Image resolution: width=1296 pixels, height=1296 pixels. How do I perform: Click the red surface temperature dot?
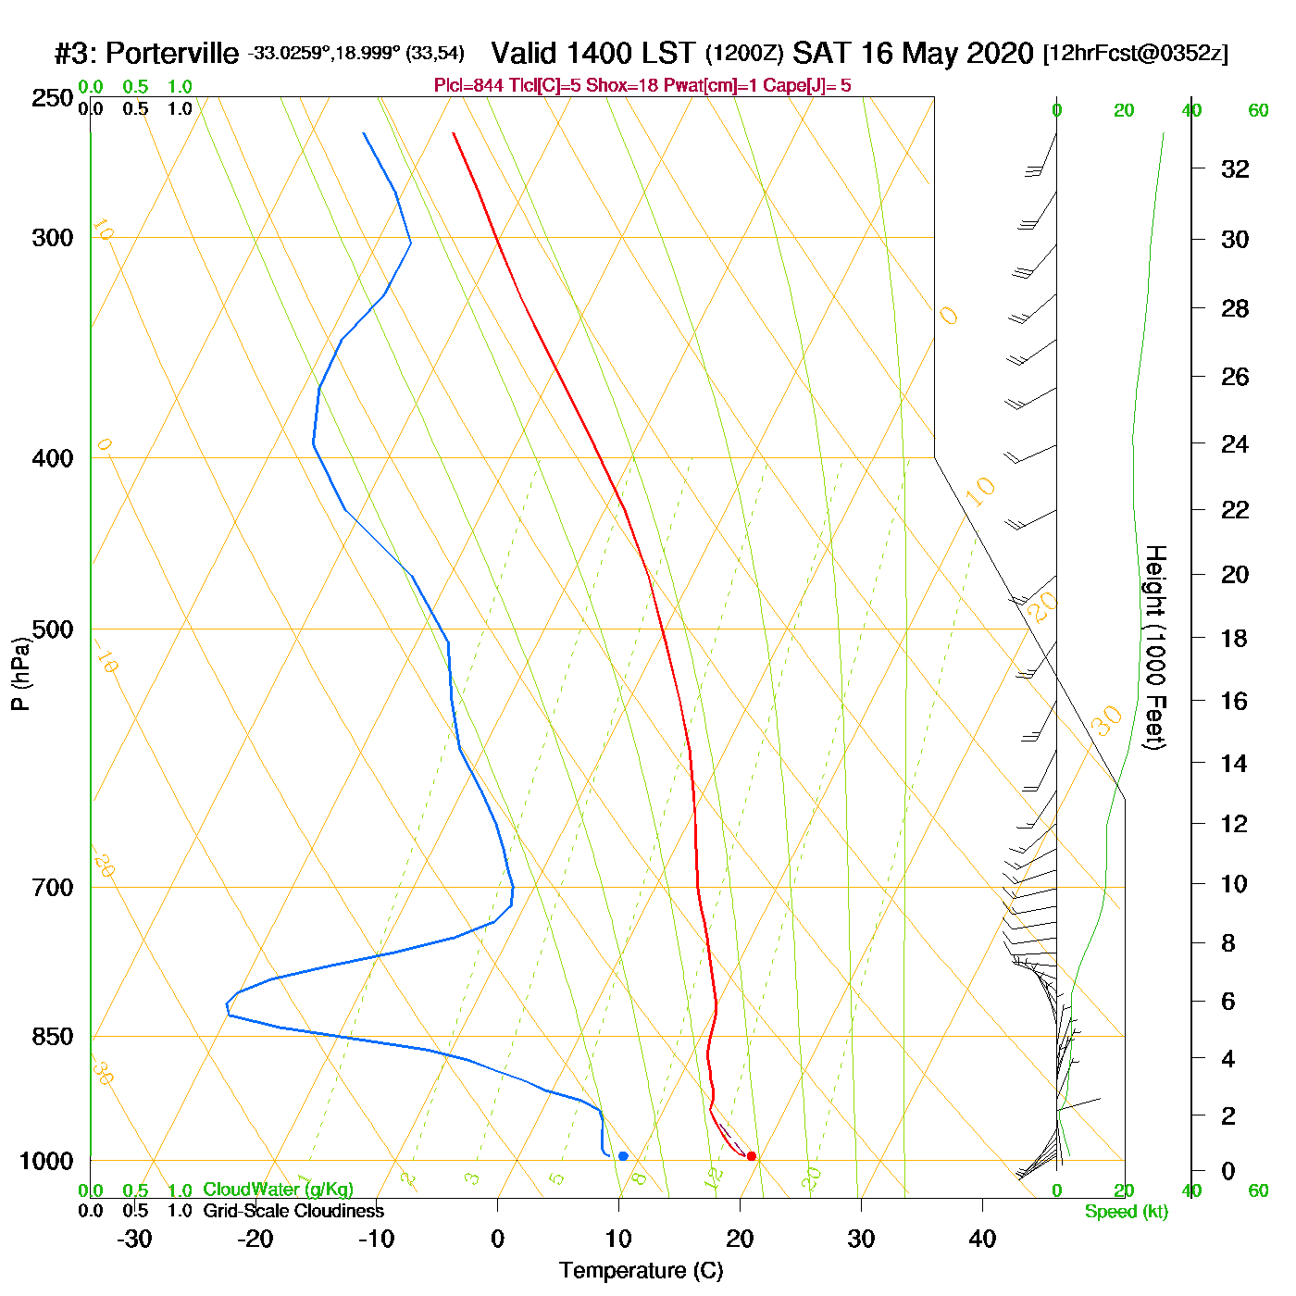tap(751, 1155)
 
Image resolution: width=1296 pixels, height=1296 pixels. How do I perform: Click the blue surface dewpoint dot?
tap(623, 1155)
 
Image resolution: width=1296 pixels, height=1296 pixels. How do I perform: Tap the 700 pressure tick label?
tap(53, 888)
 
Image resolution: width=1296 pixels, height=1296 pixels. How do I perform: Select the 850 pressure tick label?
tap(53, 1037)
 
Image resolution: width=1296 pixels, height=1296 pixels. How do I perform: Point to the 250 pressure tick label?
tap(53, 98)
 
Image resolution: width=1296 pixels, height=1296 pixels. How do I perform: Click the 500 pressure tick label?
tap(53, 629)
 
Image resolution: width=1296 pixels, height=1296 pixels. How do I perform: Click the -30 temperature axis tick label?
tap(134, 1239)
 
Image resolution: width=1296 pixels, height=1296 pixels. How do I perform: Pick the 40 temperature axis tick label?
tap(982, 1239)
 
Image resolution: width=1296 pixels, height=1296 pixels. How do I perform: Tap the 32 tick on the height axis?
tap(1235, 168)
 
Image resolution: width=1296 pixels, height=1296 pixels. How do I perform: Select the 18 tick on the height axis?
tap(1235, 638)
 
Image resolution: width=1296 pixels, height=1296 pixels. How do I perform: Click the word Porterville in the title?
tap(172, 54)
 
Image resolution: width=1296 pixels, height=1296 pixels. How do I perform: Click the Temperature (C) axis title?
tap(641, 1271)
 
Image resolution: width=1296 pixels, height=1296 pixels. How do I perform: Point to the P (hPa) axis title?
tap(20, 674)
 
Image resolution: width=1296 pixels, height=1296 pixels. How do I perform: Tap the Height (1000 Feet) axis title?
tap(1155, 647)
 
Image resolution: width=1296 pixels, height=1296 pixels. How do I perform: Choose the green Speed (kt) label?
tap(1127, 1212)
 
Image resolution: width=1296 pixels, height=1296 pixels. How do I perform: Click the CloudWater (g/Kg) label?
tap(278, 1190)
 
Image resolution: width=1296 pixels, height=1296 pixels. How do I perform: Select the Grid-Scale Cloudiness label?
tap(293, 1211)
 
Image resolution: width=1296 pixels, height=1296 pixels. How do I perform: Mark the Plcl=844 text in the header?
tap(469, 86)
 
